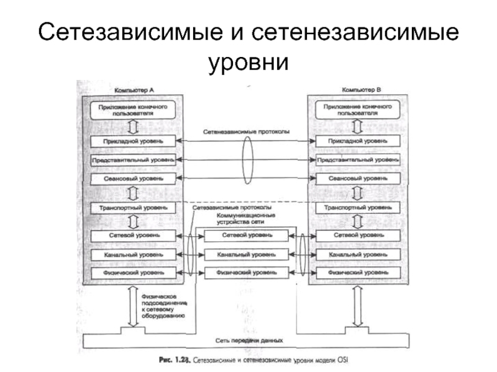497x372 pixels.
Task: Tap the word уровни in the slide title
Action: point(248,61)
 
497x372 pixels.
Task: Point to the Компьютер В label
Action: point(362,90)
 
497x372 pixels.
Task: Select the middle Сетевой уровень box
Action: point(247,236)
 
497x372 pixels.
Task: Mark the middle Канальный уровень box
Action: point(247,254)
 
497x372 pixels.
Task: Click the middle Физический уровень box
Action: point(247,272)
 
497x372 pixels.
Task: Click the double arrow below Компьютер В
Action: point(357,306)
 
